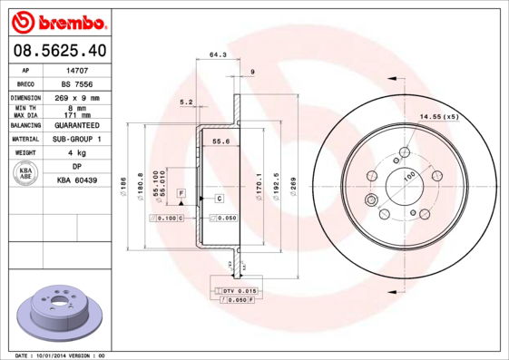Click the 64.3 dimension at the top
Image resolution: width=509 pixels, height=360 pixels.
[218, 54]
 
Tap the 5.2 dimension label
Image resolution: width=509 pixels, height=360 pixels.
[186, 102]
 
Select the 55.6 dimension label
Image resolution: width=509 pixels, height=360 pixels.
[220, 141]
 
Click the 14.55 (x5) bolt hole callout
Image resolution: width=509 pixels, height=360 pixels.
[439, 116]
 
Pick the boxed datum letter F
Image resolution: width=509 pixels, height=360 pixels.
[181, 195]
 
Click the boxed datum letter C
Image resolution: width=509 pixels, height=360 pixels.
[220, 198]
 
